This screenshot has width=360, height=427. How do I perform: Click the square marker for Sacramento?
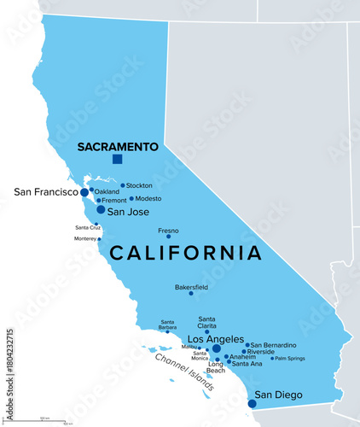[118, 159]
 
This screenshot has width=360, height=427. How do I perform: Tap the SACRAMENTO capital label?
[118, 147]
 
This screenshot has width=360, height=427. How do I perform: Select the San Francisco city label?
[45, 192]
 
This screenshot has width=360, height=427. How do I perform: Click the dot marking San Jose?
[101, 209]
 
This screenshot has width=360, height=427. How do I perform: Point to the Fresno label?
[169, 231]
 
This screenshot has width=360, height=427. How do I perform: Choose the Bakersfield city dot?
[191, 294]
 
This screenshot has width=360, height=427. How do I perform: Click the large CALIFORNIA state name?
[186, 253]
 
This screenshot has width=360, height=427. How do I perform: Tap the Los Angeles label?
[215, 338]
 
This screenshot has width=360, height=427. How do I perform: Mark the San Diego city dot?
[252, 404]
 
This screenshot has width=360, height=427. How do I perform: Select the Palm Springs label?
[288, 358]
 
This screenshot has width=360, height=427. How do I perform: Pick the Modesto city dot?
[131, 198]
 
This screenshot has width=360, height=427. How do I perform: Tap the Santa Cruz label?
[88, 227]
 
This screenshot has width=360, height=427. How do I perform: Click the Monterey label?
[85, 239]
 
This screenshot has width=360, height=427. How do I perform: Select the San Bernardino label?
[274, 344]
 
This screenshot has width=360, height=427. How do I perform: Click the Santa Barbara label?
[167, 325]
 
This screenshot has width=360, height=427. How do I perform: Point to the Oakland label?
[107, 191]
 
